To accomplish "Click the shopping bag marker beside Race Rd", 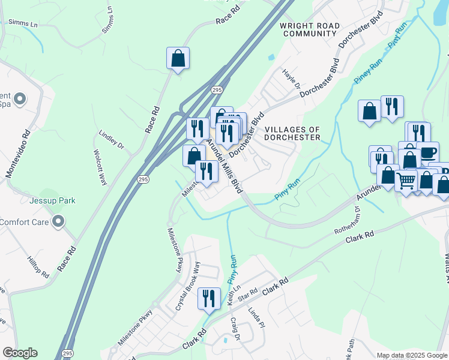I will tap(178, 59).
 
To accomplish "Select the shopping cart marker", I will tap(406, 180).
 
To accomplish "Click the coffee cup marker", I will tap(428, 153).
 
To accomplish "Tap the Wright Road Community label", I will tap(310, 30).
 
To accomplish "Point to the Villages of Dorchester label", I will tap(292, 133).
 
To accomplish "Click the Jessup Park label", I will tap(54, 200).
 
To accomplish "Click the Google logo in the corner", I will tap(20, 353).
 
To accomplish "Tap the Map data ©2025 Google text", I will tap(412, 355).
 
